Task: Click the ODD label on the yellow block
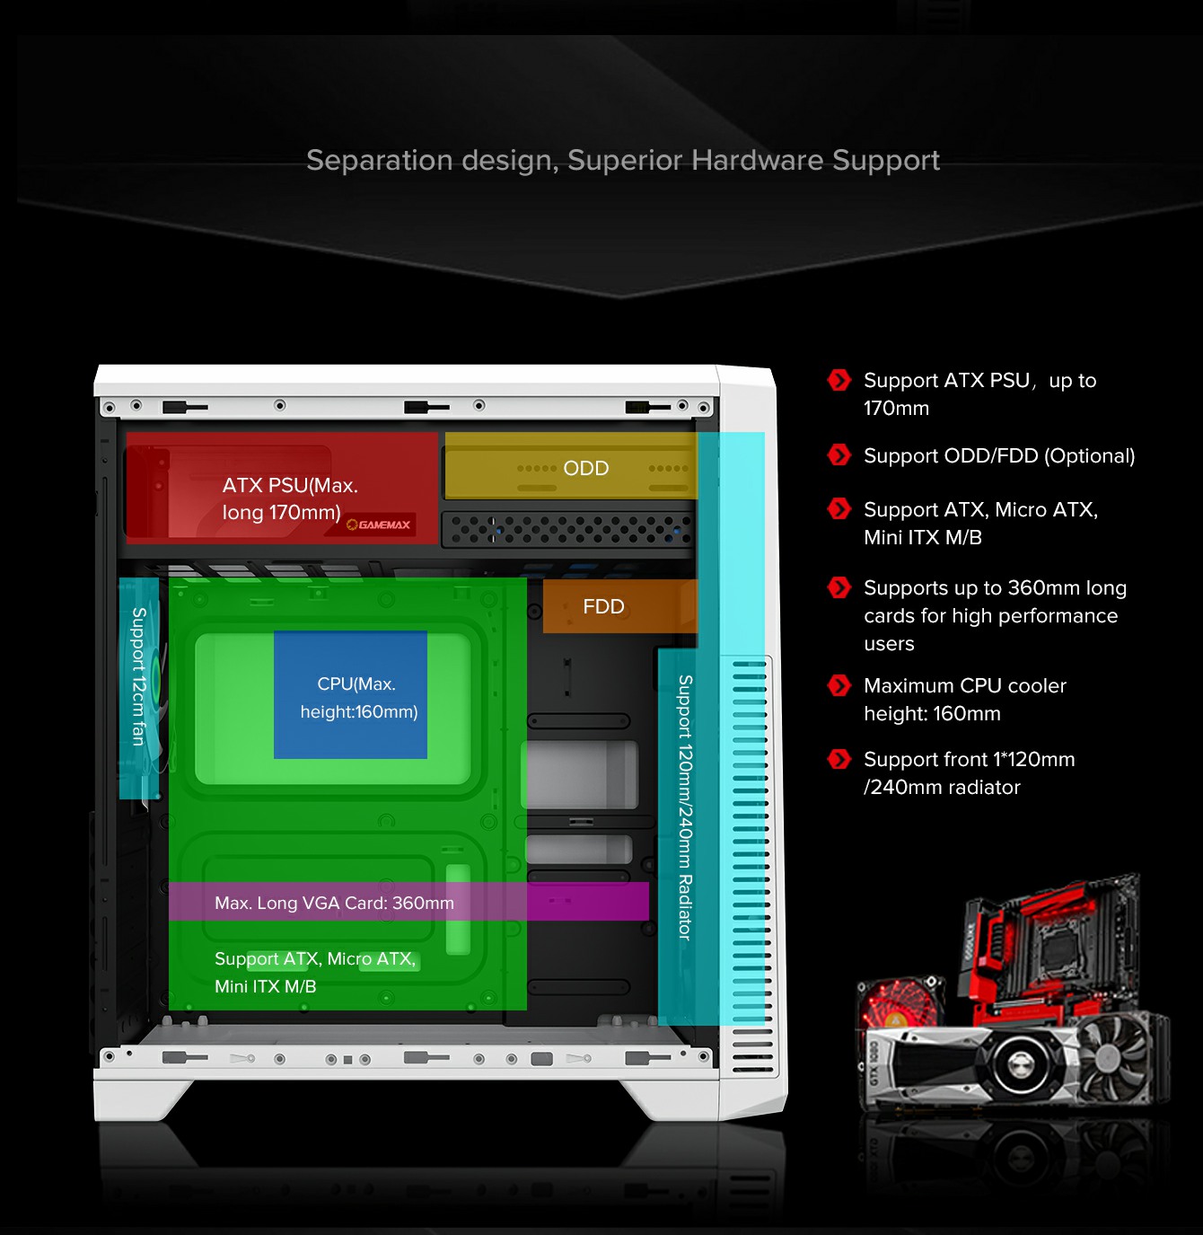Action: click(585, 468)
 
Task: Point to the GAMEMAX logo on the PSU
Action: click(381, 525)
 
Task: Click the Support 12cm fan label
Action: click(138, 676)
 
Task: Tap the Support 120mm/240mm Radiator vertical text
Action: click(685, 807)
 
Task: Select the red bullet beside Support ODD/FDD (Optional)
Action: click(839, 455)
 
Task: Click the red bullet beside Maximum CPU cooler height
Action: click(839, 686)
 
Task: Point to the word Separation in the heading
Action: click(379, 160)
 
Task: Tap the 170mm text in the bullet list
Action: click(896, 409)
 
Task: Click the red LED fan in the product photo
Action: click(899, 1004)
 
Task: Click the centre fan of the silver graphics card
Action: click(1020, 1065)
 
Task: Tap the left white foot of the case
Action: click(144, 1098)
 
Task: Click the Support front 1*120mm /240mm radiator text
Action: click(969, 773)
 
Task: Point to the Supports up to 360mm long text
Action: click(995, 588)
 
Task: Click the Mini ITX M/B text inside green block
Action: click(265, 986)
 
